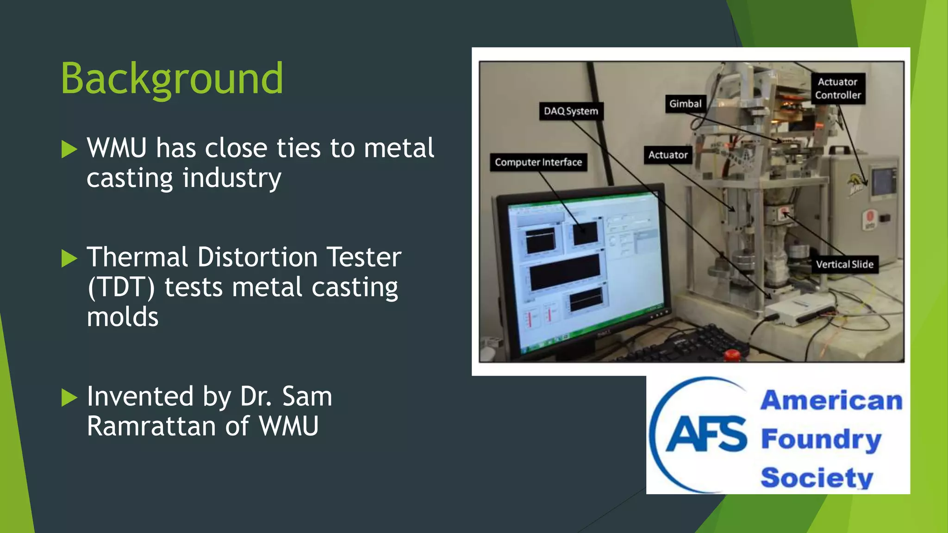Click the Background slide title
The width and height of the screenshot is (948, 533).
pos(172,79)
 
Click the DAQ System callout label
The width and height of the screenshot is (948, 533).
pos(571,111)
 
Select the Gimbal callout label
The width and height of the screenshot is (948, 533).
pos(685,104)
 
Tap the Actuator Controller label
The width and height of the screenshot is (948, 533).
pos(838,88)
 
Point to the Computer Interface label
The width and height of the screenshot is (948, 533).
pos(538,162)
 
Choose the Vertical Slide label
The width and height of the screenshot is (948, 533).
pos(844,265)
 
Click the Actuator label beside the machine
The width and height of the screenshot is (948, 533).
pos(667,155)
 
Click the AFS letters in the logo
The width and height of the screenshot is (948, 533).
pos(706,434)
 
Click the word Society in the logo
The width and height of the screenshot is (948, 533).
pos(817,477)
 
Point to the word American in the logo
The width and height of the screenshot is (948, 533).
pos(831,401)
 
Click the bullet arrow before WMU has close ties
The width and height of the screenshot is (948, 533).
pos(69,149)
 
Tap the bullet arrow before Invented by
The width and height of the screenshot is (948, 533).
pos(69,397)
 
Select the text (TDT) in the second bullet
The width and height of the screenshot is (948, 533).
pos(121,287)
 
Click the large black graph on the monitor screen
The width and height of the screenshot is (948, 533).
pos(564,272)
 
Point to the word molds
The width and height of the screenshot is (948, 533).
pos(123,317)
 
